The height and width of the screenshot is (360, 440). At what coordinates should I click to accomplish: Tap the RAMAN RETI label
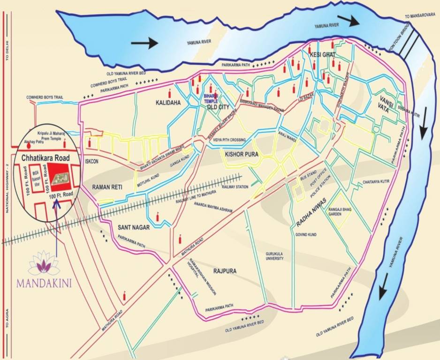107,187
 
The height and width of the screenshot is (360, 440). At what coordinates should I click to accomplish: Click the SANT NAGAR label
134,227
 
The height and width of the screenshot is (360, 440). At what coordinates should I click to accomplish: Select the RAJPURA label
224,271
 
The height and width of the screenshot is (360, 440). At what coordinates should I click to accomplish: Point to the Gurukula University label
275,255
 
